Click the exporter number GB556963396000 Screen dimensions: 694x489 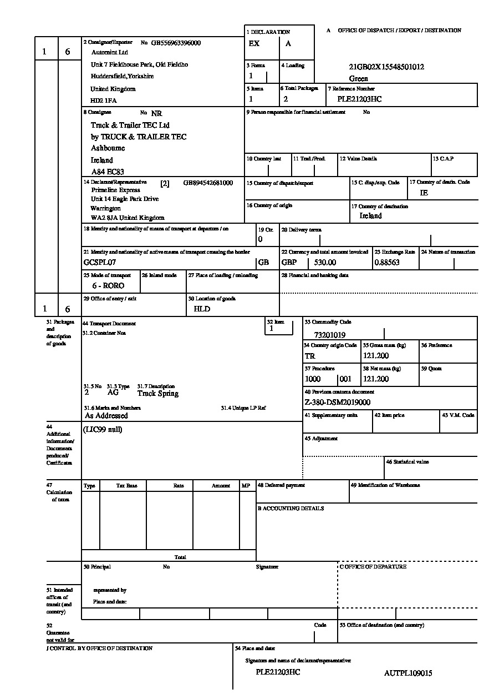pos(176,43)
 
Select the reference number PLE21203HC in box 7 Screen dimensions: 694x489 pos(359,99)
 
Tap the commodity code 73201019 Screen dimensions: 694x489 pos(329,335)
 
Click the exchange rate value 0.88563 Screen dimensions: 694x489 pos(387,263)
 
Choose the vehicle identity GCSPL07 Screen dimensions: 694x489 pos(100,262)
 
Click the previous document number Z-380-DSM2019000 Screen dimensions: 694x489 pos(338,403)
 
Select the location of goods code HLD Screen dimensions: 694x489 pos(202,309)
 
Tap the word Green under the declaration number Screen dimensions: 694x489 pos(359,79)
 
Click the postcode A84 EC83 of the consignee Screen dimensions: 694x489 pos(108,172)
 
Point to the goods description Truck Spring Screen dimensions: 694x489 pos(158,394)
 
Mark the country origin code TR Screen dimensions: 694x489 pos(310,356)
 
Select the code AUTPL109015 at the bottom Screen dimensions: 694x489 pos(408,673)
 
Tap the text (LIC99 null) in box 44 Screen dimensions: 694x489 pos(103,429)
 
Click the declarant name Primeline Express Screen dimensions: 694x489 pos(116,190)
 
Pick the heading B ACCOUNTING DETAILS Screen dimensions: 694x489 pos(291,509)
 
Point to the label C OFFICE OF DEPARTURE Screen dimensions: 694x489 pos(373,567)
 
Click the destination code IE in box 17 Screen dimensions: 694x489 pos(424,193)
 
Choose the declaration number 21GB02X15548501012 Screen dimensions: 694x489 pos(386,67)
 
